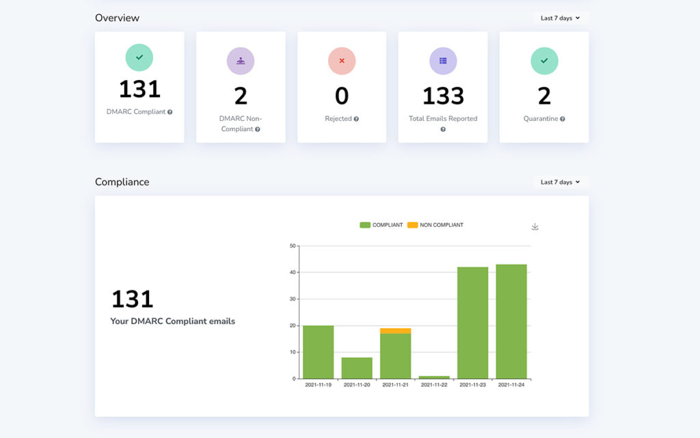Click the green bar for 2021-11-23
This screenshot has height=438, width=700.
[x=472, y=323]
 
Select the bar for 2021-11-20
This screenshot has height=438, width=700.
[x=357, y=368]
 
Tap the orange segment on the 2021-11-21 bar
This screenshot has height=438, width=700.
[x=396, y=331]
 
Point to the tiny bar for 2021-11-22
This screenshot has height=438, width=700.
[x=434, y=377]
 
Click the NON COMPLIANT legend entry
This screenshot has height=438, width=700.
[x=435, y=225]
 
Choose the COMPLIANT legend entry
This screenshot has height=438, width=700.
[x=381, y=225]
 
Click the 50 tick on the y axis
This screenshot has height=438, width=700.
[x=293, y=245]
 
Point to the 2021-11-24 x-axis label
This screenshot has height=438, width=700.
[x=511, y=385]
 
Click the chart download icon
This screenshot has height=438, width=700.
[x=535, y=227]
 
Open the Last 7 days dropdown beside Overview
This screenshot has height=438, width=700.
[x=560, y=18]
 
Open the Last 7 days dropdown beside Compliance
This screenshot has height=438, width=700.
[x=560, y=182]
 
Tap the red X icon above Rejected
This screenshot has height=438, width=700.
[x=342, y=61]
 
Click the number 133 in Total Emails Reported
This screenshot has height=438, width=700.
[x=443, y=96]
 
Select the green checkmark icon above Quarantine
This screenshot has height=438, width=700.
[x=544, y=61]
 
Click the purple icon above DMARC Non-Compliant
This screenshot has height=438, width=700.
[x=241, y=61]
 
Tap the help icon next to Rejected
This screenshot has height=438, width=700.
[x=356, y=119]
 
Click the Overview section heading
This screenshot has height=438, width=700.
[x=117, y=18]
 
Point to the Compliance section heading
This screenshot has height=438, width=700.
[x=122, y=182]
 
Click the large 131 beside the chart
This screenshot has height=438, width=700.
[x=132, y=299]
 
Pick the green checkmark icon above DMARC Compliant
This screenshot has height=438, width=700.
[x=139, y=57]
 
